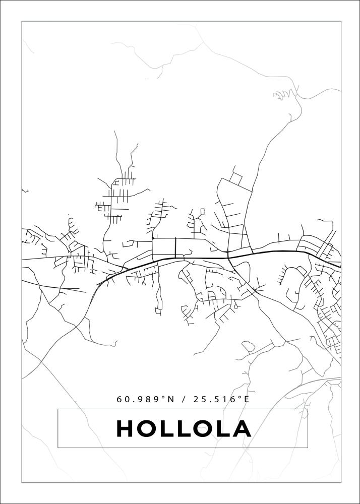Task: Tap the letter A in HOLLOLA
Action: pyautogui.click(x=242, y=429)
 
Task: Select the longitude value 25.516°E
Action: pyautogui.click(x=222, y=399)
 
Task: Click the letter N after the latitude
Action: pyautogui.click(x=170, y=399)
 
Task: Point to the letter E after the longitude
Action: pyautogui.click(x=247, y=399)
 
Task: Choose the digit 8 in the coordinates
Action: pyautogui.click(x=150, y=399)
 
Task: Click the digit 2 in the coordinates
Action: pyautogui.click(x=196, y=399)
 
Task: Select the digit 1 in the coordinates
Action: pyautogui.click(x=226, y=399)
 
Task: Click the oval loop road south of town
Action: pyautogui.click(x=248, y=346)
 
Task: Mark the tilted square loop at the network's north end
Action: pyautogui.click(x=235, y=178)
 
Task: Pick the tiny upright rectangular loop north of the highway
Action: pyautogui.click(x=203, y=212)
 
